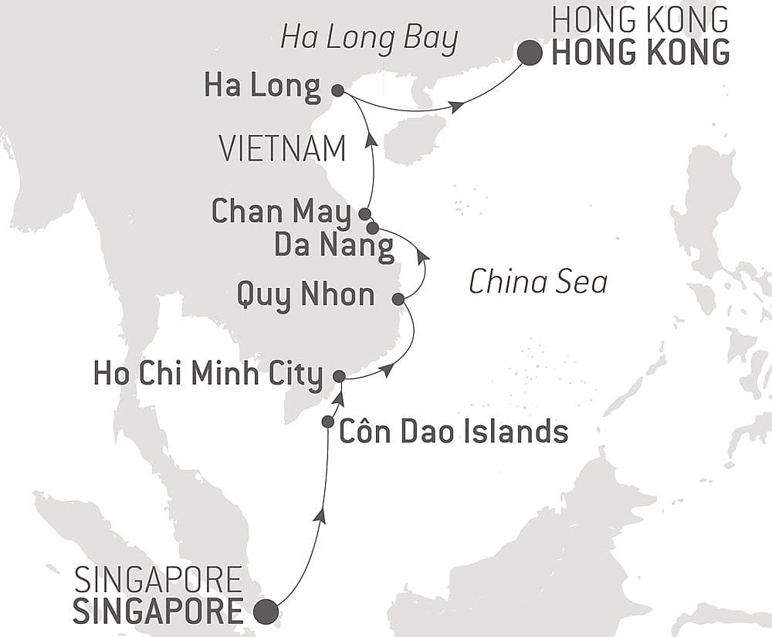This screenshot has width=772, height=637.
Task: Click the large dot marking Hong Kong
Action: coord(530,53)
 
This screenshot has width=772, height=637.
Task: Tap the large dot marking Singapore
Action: coord(266,611)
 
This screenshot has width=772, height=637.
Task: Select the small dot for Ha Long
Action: coord(337,90)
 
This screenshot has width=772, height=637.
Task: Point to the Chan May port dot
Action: coord(364,213)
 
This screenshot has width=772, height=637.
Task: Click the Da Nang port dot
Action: coord(373,228)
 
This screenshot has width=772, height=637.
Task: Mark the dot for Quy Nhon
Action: coord(398,299)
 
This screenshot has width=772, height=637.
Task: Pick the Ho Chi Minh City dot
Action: coord(338,376)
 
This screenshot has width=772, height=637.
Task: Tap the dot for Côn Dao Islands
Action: coord(328,422)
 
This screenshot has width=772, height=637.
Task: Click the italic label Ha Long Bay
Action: coord(369,37)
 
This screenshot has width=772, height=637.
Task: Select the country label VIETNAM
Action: coord(283,149)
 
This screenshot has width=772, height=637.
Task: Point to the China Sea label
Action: coord(538,283)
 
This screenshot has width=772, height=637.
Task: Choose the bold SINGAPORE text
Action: coord(158,611)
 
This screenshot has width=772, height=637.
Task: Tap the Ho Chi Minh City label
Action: coord(208,376)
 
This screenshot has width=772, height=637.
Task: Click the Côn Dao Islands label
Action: coord(454,432)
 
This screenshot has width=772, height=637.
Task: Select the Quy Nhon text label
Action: coord(306,295)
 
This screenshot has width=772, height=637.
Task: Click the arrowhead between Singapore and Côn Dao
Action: coord(320,517)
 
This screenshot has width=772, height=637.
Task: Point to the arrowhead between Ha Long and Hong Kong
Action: coord(458,107)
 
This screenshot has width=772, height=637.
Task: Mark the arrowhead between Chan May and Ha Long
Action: coord(371,140)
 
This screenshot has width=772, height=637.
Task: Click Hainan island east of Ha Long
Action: coord(413,141)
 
